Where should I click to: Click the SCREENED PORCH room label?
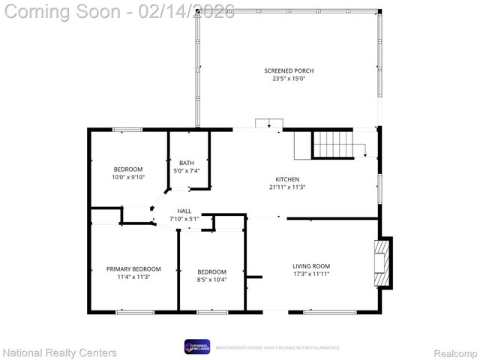288,70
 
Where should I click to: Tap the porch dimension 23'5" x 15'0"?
288,78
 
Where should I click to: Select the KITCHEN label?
287,178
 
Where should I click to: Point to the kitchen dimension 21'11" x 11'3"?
287,187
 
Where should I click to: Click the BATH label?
186,163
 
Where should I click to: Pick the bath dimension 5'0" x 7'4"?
186,171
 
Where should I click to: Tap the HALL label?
184,211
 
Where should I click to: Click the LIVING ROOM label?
310,266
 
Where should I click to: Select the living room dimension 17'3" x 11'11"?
310,274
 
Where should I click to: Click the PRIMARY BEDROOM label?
133,268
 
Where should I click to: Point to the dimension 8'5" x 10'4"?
211,279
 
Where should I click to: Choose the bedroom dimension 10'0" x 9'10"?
128,177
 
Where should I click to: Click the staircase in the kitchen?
332,143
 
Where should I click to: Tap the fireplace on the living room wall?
383,262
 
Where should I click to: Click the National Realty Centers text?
60,352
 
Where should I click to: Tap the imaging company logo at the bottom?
197,346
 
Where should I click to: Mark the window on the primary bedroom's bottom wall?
135,311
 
